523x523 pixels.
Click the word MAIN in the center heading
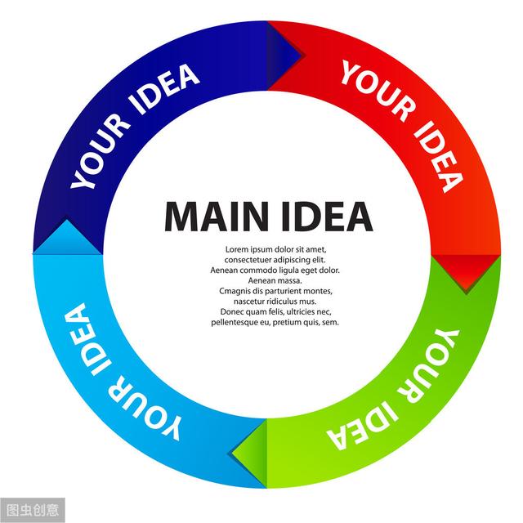(x=217, y=216)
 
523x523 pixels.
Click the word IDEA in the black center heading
(x=327, y=216)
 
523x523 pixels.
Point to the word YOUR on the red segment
(x=379, y=91)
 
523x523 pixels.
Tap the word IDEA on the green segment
(x=363, y=426)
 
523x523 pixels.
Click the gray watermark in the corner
(x=33, y=510)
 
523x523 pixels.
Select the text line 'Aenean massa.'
(x=275, y=280)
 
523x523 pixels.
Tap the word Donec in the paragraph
(x=230, y=312)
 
